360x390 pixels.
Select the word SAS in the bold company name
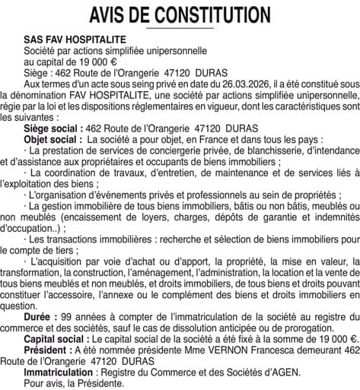tap(33, 39)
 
